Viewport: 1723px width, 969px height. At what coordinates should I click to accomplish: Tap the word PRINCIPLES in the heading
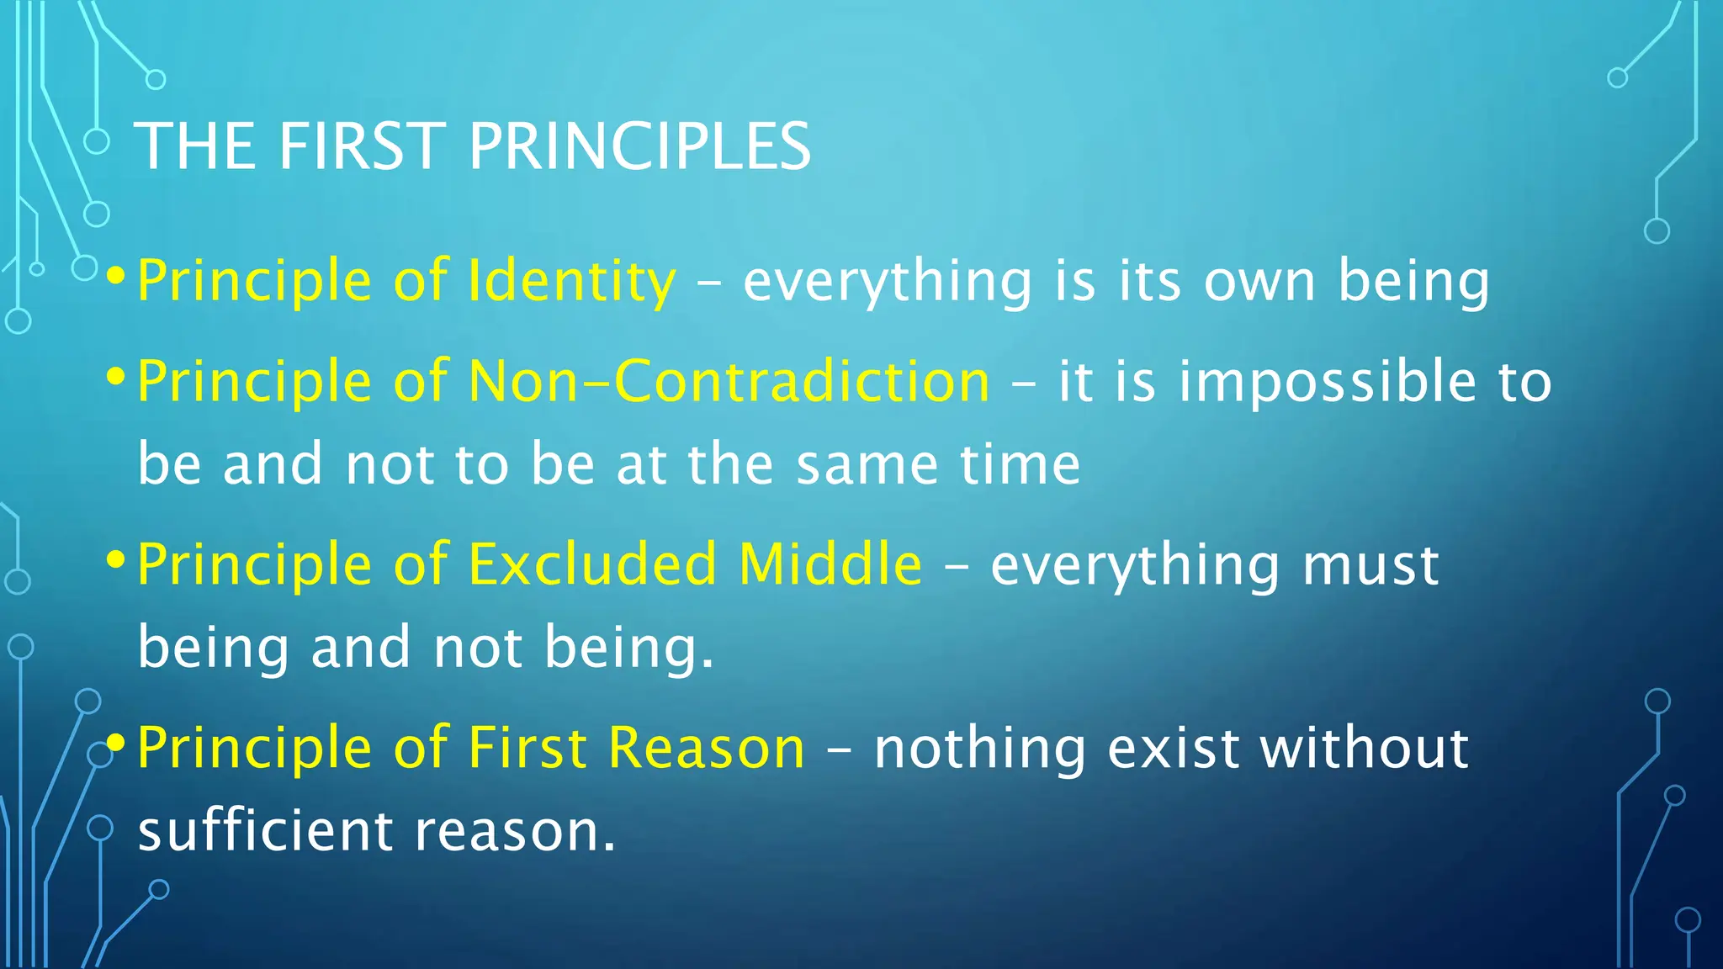pos(639,146)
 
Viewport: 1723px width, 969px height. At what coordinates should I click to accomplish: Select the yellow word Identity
pos(572,281)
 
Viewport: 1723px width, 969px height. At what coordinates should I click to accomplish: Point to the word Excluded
pos(592,564)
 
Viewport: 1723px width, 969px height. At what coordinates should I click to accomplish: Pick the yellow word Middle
pos(830,564)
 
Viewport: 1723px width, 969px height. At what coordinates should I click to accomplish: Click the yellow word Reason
pos(707,748)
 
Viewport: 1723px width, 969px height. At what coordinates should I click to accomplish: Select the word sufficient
pos(265,830)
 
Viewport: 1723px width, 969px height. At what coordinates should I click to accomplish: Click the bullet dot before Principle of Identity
pos(117,276)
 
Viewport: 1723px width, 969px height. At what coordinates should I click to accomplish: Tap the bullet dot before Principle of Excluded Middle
pos(117,559)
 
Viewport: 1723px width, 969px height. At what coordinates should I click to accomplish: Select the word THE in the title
pos(195,146)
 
